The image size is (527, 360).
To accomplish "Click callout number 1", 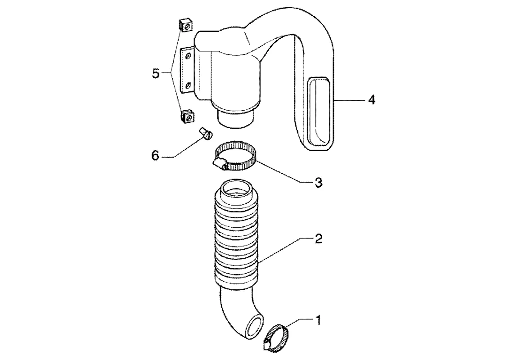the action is click(x=318, y=320).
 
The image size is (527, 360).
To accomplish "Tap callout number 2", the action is click(x=318, y=238).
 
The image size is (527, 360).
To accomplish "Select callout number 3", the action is click(x=318, y=182).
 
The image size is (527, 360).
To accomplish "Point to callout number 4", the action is click(x=371, y=100).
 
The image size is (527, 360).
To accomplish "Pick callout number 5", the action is click(x=156, y=73).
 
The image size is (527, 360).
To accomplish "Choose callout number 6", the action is click(x=155, y=156).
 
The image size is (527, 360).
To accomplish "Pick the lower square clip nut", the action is click(x=187, y=117).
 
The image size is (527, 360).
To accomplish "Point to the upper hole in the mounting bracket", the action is click(x=188, y=55).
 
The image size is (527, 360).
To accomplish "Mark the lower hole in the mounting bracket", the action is click(x=188, y=84).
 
